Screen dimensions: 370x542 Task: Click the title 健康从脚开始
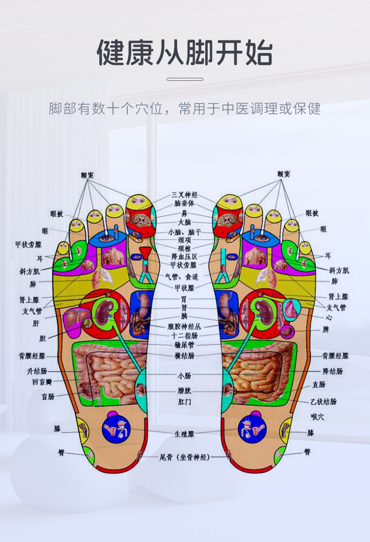point(185,53)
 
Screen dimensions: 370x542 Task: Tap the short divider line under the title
point(185,79)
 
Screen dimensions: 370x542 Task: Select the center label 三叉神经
point(185,195)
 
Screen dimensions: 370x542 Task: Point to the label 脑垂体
point(185,203)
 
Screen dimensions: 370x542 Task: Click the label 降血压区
point(185,257)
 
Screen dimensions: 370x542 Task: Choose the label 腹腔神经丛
point(185,326)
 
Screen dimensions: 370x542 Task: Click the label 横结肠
point(185,355)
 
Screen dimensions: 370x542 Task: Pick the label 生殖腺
point(185,434)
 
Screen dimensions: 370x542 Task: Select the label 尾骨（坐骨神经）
point(185,457)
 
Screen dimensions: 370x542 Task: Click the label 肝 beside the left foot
point(36,324)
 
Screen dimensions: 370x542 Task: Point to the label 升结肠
point(37,371)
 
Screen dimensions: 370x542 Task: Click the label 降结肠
point(333,371)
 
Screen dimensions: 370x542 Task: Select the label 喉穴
point(317,417)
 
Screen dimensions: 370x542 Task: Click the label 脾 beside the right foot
point(326,329)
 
